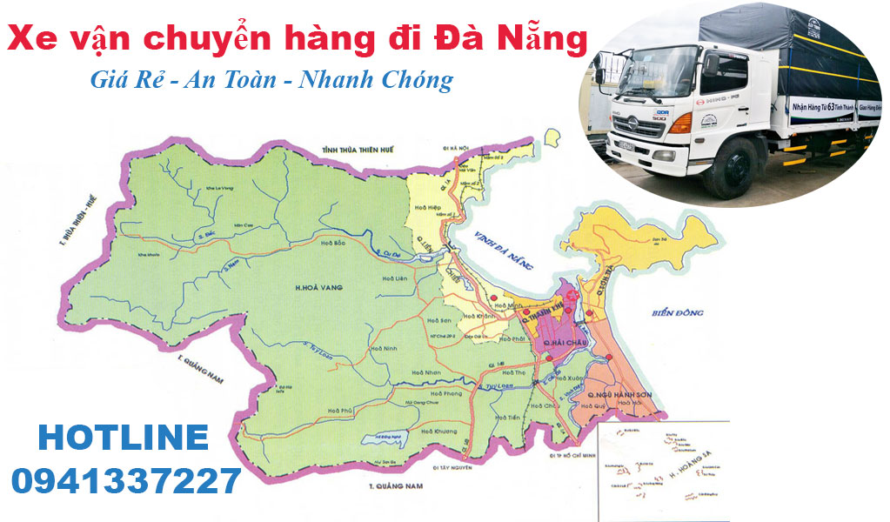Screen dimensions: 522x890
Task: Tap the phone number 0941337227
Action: click(x=126, y=479)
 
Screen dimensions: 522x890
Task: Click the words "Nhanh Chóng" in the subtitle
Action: click(x=375, y=80)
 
